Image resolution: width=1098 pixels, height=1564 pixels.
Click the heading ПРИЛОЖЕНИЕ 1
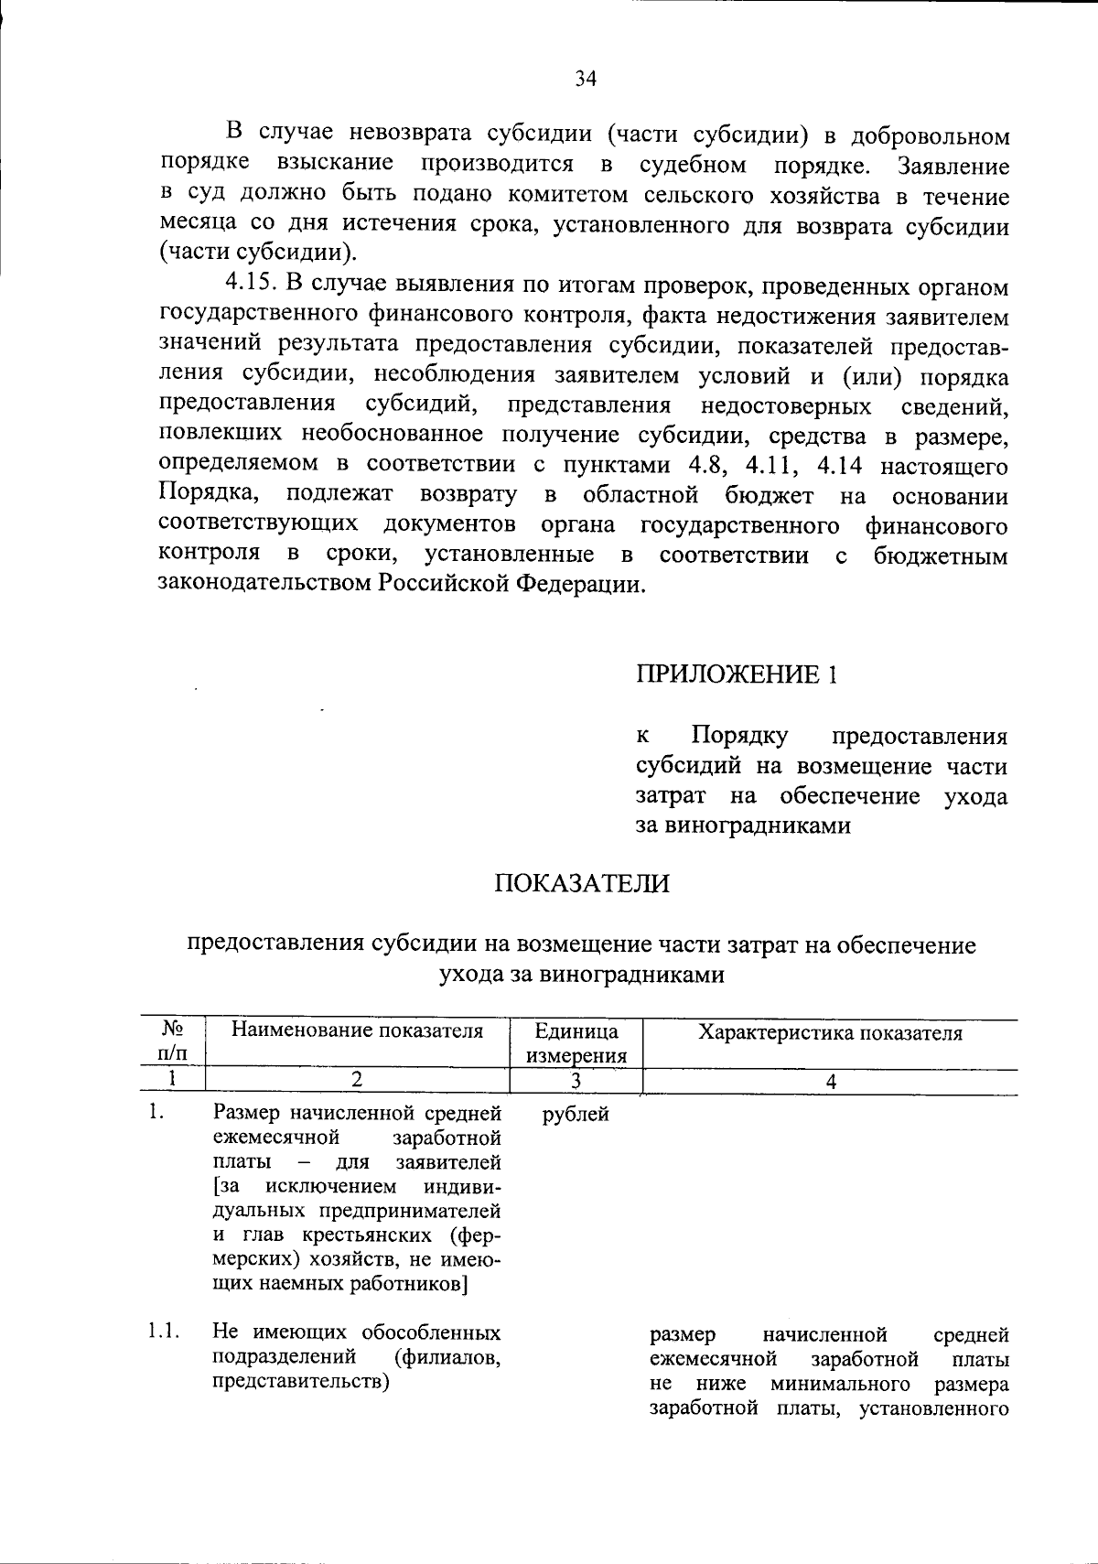[736, 674]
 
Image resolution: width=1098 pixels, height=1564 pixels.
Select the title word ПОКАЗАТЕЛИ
[582, 883]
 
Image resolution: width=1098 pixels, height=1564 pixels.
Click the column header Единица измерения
[576, 1043]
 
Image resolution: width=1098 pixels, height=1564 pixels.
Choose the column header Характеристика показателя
[830, 1033]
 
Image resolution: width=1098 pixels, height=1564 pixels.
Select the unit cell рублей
[576, 1115]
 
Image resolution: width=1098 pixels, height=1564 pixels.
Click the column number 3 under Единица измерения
[576, 1081]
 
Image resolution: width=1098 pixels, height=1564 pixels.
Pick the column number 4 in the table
[830, 1081]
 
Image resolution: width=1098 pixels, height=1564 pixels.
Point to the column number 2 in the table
[357, 1080]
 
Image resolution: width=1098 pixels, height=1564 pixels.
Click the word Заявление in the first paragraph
[953, 167]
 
